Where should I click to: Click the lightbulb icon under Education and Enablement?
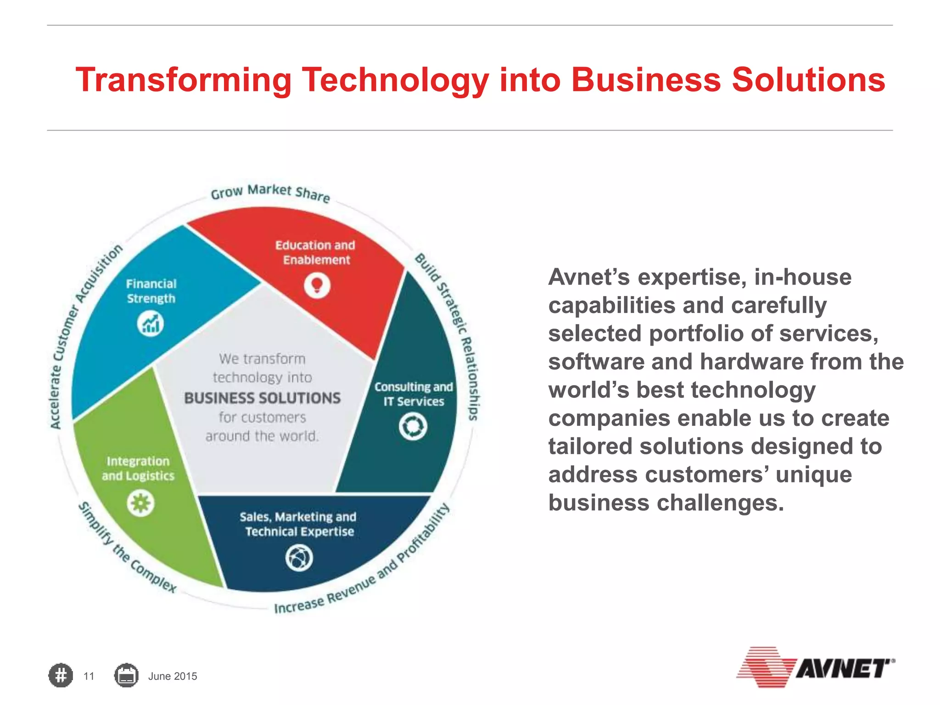click(317, 285)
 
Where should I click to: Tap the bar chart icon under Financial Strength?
click(151, 324)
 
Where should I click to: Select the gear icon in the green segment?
click(140, 503)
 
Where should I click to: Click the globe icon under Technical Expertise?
click(299, 558)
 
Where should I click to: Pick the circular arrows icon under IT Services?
click(413, 426)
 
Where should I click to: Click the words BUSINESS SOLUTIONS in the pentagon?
click(263, 398)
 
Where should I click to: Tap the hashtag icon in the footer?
click(61, 676)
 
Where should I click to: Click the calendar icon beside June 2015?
click(126, 676)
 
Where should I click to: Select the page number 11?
click(89, 676)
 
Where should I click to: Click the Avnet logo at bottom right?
click(815, 667)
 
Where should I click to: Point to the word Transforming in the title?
click(184, 80)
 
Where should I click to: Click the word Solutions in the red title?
click(808, 80)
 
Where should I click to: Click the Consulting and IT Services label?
click(414, 394)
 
